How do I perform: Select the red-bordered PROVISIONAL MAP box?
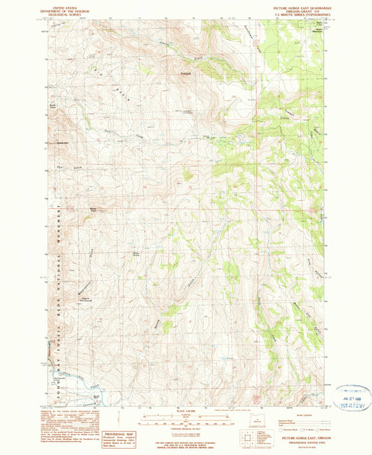119,438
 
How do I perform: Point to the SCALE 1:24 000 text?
186,411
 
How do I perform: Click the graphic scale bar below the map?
186,419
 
